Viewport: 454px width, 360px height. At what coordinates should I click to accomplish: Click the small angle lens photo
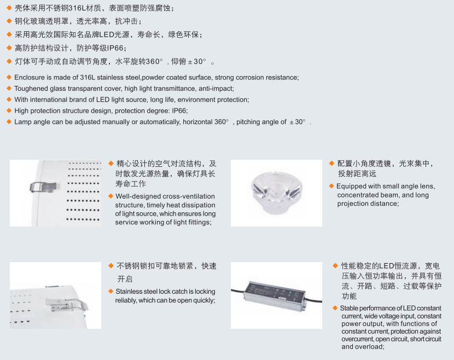click(276, 193)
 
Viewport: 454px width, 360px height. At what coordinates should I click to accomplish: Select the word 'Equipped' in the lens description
click(351, 186)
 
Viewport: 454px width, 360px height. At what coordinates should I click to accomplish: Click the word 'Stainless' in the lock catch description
click(130, 292)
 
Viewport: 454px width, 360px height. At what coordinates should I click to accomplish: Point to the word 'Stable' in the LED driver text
click(350, 309)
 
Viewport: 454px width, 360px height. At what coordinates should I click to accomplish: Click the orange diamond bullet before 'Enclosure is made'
click(8, 77)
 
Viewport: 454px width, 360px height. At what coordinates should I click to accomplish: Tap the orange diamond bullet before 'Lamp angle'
click(8, 121)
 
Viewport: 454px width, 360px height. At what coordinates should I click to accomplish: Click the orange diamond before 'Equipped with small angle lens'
click(331, 186)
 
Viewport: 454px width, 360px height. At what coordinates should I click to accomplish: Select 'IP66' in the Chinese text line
click(115, 48)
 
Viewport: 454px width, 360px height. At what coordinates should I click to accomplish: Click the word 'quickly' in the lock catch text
click(203, 300)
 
